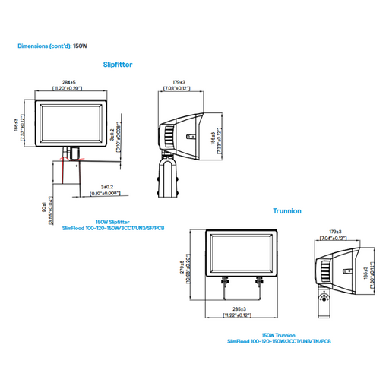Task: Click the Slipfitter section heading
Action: click(117, 65)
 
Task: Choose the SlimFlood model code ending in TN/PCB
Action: click(280, 341)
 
